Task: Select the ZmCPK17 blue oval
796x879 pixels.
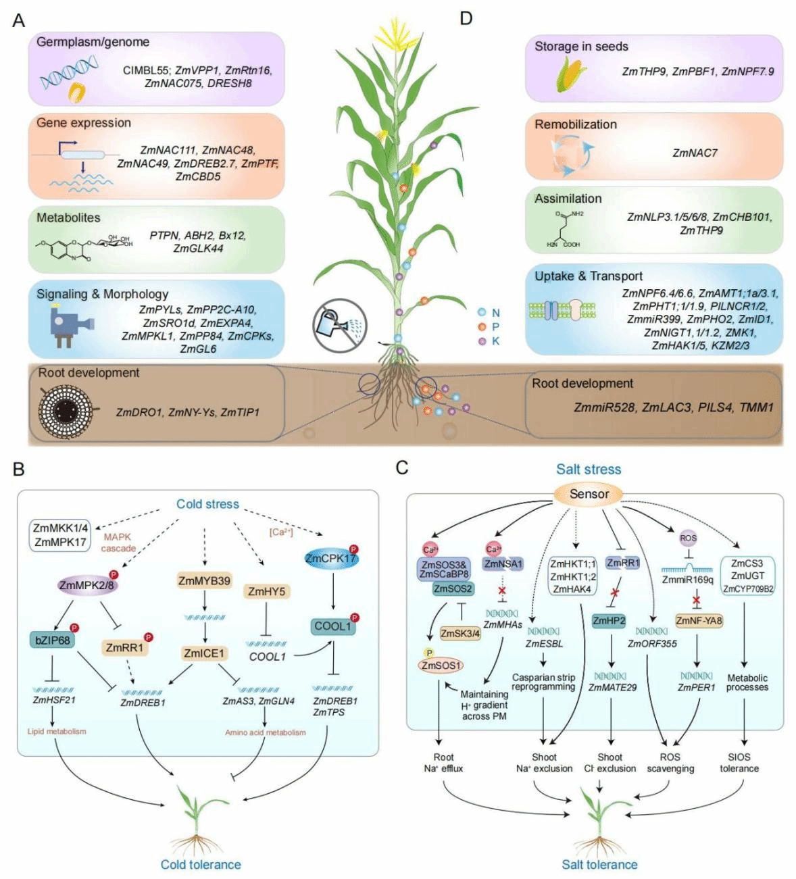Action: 330,559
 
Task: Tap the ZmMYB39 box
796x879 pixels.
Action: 204,581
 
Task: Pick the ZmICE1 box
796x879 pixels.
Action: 204,653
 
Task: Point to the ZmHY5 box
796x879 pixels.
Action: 266,592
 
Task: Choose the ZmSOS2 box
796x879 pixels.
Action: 453,589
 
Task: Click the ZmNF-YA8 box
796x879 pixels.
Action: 699,620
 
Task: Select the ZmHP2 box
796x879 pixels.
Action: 608,620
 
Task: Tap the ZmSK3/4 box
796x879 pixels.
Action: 460,633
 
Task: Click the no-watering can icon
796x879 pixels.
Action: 339,325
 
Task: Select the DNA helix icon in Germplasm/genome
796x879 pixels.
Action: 68,73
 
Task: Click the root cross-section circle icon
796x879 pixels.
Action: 66,410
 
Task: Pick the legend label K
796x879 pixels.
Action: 495,341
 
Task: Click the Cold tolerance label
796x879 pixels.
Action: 200,864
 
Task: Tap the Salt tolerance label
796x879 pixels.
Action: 599,864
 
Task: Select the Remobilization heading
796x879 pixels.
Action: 576,124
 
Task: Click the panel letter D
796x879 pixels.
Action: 466,18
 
